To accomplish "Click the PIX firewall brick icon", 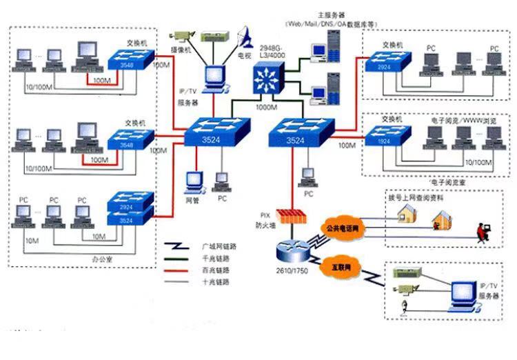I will [290, 215].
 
